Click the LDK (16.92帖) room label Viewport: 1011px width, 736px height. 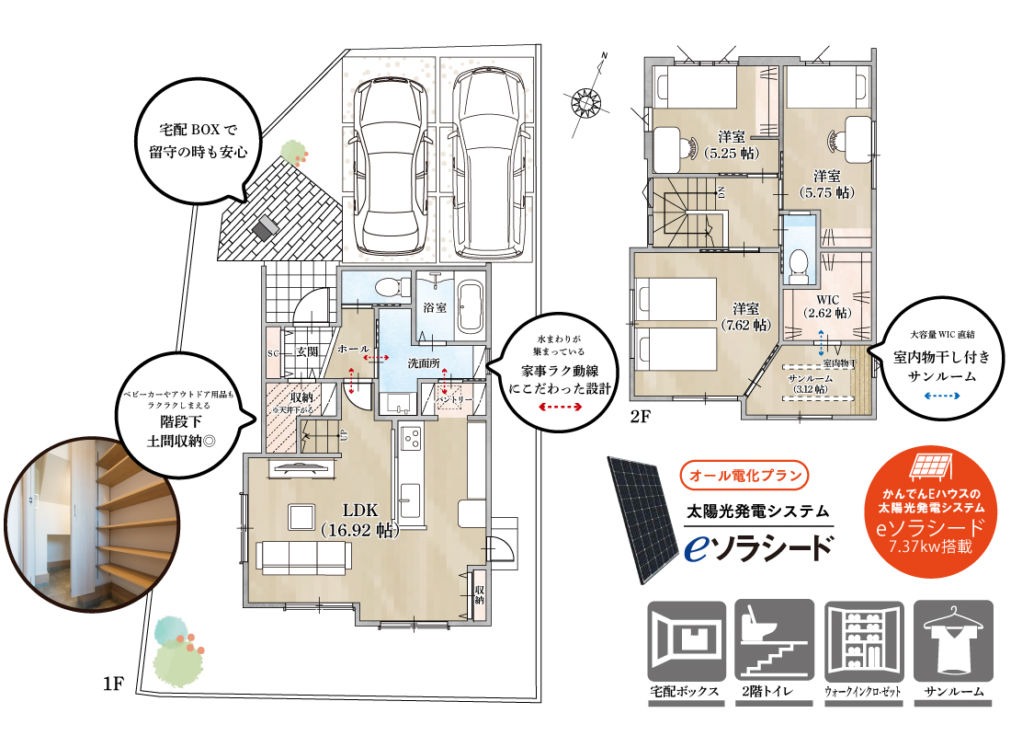pos(358,520)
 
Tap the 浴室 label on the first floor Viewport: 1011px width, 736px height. pos(435,307)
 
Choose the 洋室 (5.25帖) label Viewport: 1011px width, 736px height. pos(731,146)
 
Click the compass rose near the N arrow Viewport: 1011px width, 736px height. pos(585,97)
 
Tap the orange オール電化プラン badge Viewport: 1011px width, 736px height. pos(746,477)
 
